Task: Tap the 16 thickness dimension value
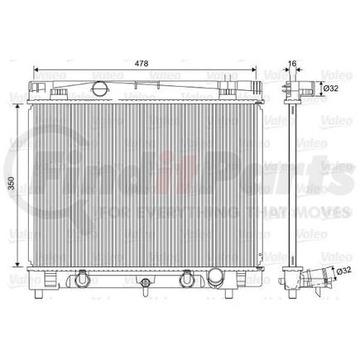[x=290, y=61]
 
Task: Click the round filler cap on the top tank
[x=100, y=88]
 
